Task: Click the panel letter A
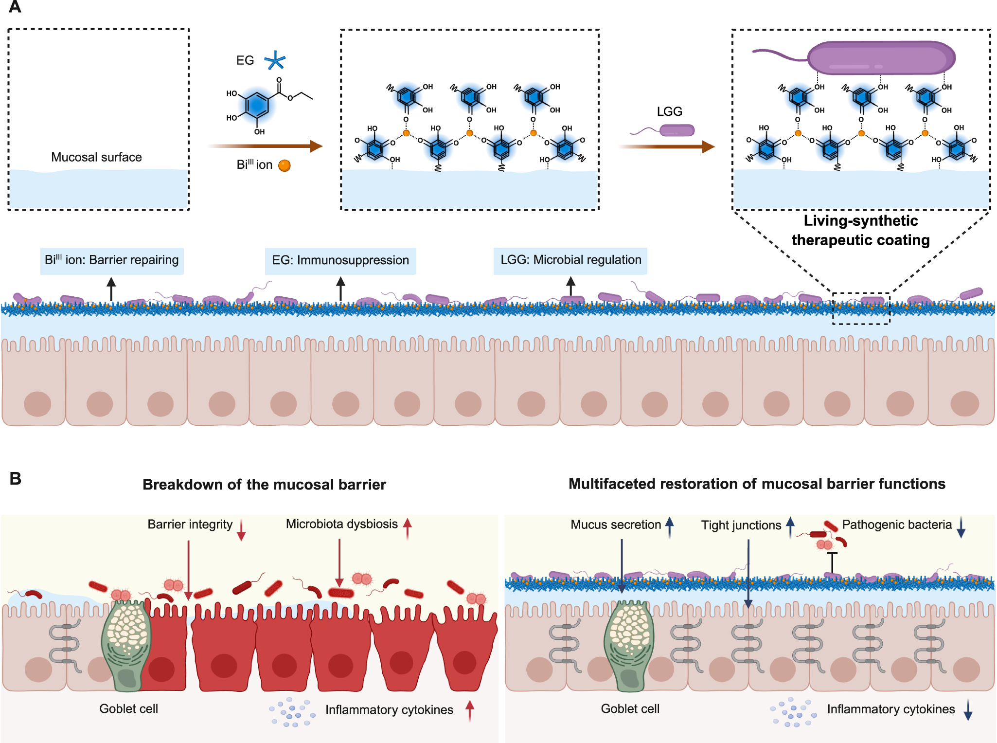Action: click(15, 7)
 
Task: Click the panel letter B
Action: click(15, 479)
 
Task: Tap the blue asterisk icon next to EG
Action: click(275, 61)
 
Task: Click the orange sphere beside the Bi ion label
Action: click(285, 166)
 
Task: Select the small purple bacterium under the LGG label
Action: click(677, 130)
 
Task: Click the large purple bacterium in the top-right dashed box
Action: click(881, 58)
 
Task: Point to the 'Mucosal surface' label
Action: click(96, 157)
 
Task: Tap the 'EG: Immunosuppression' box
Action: click(340, 260)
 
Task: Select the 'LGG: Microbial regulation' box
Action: click(570, 260)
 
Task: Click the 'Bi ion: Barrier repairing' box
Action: click(112, 260)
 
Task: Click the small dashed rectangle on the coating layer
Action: click(861, 308)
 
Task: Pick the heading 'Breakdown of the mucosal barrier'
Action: click(264, 485)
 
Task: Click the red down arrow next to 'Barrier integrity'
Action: click(241, 530)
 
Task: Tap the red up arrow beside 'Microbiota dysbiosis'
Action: click(408, 528)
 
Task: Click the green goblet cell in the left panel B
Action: click(126, 645)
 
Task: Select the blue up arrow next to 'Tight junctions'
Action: click(790, 527)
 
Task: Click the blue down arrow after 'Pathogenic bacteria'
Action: click(961, 527)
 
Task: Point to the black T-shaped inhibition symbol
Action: click(832, 562)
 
